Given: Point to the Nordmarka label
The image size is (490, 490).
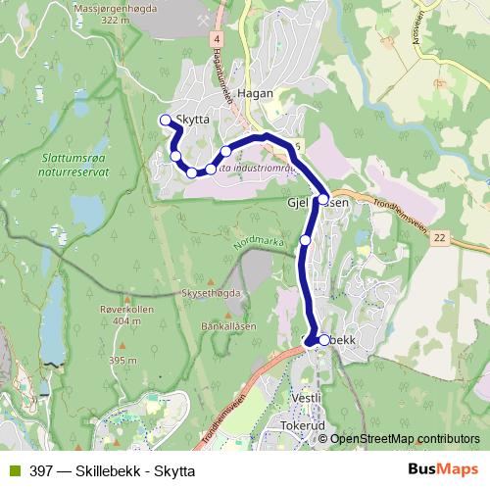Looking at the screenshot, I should tap(258, 239).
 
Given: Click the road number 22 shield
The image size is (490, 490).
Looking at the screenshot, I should tap(438, 238).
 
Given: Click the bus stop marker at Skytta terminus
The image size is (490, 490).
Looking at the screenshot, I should tap(165, 121).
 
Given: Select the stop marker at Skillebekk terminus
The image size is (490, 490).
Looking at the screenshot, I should tap(324, 340).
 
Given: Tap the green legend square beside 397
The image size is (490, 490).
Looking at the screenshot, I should tap(13, 470).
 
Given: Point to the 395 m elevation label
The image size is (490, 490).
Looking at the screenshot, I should tap(122, 361).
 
